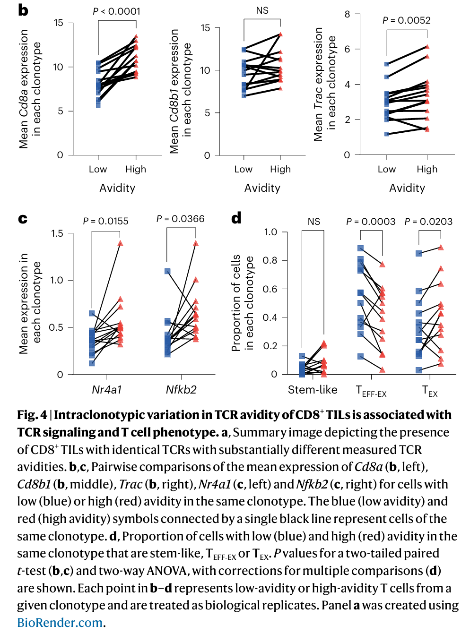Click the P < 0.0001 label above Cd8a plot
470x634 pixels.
pyautogui.click(x=116, y=11)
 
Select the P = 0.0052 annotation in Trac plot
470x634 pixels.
pyautogui.click(x=407, y=20)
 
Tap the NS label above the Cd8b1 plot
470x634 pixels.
pyautogui.click(x=262, y=10)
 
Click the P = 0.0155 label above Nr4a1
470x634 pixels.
pyautogui.click(x=105, y=221)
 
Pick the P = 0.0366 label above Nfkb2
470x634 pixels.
pyautogui.click(x=180, y=219)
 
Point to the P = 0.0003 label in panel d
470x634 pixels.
pyautogui.click(x=371, y=222)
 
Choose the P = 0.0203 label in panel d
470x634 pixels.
pyautogui.click(x=428, y=222)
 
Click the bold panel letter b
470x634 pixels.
pyautogui.click(x=23, y=10)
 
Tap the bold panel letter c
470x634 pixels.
pyautogui.click(x=22, y=219)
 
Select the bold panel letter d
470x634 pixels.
pyautogui.click(x=236, y=218)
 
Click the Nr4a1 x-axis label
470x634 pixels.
pyautogui.click(x=107, y=390)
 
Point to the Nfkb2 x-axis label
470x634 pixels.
pyautogui.click(x=181, y=390)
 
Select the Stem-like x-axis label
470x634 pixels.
pyautogui.click(x=313, y=390)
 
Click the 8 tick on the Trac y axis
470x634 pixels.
pyautogui.click(x=347, y=14)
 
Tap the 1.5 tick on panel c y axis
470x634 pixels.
pyautogui.click(x=57, y=233)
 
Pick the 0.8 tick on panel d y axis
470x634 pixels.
pyautogui.click(x=270, y=260)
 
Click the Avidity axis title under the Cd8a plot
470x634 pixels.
pyautogui.click(x=117, y=188)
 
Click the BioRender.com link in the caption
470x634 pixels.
pyautogui.click(x=60, y=623)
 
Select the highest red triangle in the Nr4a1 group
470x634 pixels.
pyautogui.click(x=120, y=243)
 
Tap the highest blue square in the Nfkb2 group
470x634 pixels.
pyautogui.click(x=167, y=271)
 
